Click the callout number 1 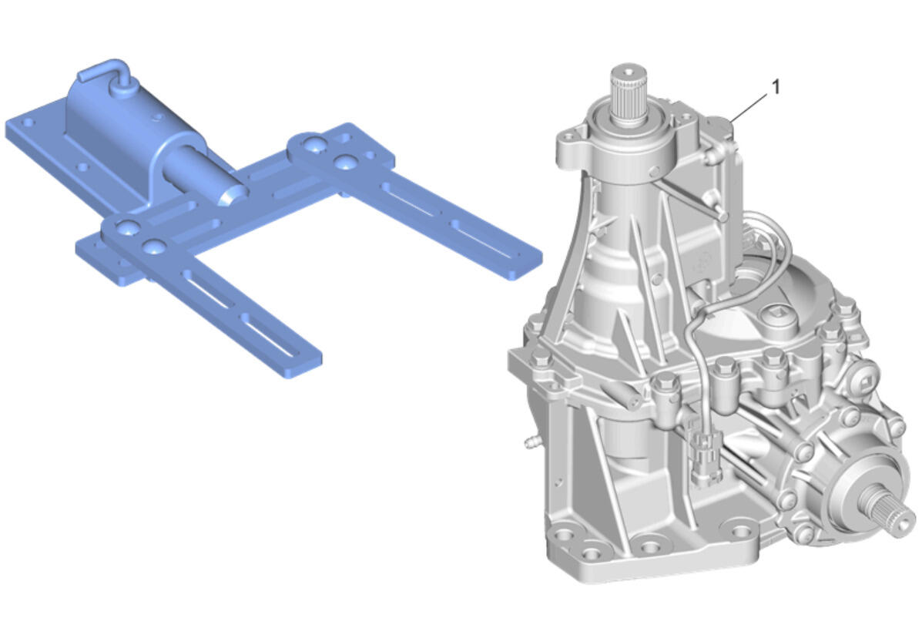pyautogui.click(x=775, y=87)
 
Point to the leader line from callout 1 pyautogui.click(x=750, y=107)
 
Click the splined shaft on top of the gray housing pyautogui.click(x=628, y=93)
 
